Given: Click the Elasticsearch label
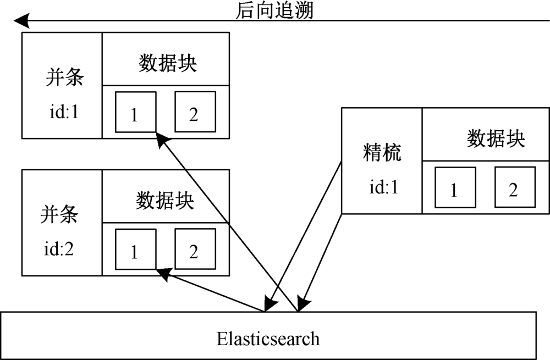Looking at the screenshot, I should coord(268,337).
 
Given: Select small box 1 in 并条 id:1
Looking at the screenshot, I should coord(135,112).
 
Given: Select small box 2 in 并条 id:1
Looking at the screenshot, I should coord(194,112).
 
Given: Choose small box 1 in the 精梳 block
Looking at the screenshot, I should coord(454,189).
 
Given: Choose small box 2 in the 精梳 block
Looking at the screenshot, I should coord(514,189).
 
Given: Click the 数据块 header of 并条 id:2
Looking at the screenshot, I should coord(166,200).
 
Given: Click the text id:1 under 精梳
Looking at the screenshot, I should coord(383,187).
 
